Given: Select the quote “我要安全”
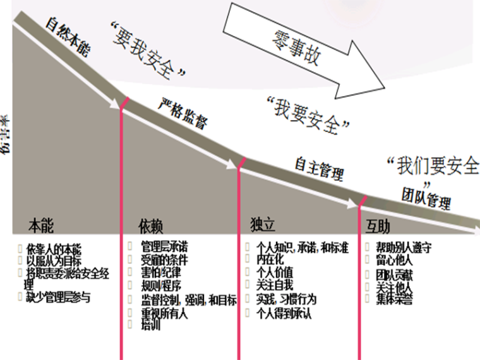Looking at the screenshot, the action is pos(308,114).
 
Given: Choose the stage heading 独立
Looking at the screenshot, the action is pos(263,225).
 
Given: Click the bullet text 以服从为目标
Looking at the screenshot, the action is pos(54,260).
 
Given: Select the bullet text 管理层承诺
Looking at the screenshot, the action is pos(164,246).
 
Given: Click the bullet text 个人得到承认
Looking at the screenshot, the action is pos(284,313).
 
